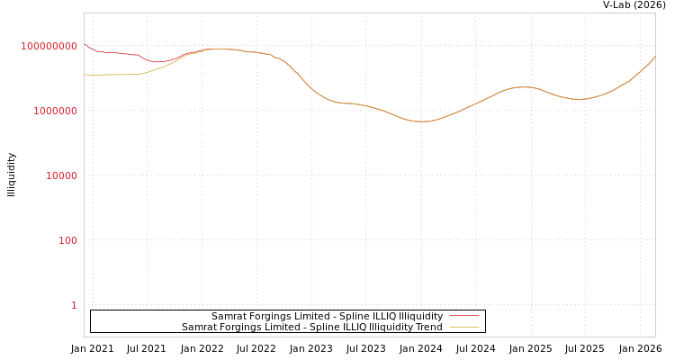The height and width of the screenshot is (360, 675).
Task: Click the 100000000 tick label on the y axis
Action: pos(49,46)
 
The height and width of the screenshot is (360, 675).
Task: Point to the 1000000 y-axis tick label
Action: pos(55,111)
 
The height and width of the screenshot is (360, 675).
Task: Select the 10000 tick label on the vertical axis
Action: pos(61,175)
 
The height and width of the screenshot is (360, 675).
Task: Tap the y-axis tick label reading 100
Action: pos(67,240)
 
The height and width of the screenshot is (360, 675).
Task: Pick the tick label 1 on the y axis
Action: pos(74,305)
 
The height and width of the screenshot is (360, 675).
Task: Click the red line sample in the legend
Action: pos(463,316)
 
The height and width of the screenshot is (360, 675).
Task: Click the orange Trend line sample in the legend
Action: pos(463,328)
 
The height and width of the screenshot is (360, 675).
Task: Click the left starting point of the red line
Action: pos(85,44)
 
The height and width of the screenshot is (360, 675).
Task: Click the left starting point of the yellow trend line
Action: pos(85,75)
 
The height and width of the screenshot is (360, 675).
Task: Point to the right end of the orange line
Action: pos(654,57)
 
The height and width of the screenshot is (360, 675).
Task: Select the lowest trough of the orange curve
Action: pos(421,121)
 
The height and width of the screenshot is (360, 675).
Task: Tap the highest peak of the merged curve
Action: pos(216,49)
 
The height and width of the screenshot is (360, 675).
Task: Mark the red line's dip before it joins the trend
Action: pos(157,62)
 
